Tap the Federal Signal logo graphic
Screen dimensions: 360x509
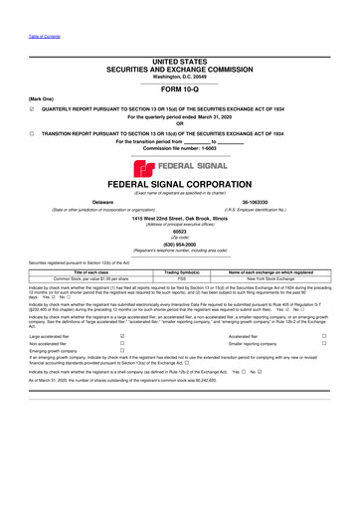coord(180,167)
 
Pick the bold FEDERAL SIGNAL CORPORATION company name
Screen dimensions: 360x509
coord(180,184)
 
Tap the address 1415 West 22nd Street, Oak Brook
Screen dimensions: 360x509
coord(180,217)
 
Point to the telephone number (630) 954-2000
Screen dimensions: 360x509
coord(180,245)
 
